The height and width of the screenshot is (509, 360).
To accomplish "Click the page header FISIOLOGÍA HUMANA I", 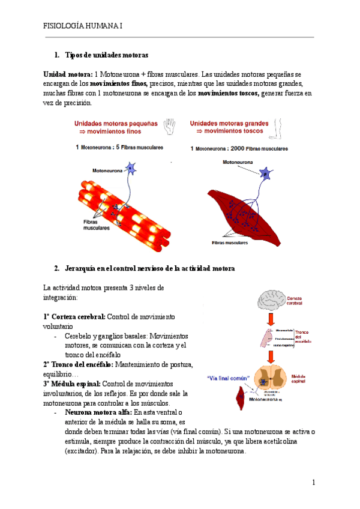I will tap(82, 26).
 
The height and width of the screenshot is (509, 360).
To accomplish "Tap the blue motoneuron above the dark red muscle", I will tap(265, 174).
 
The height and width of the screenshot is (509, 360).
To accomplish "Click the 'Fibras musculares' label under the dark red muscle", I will tap(230, 243).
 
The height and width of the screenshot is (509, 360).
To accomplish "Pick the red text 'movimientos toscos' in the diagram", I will tap(230, 130).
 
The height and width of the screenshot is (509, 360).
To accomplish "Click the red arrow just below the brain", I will tap(271, 320).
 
